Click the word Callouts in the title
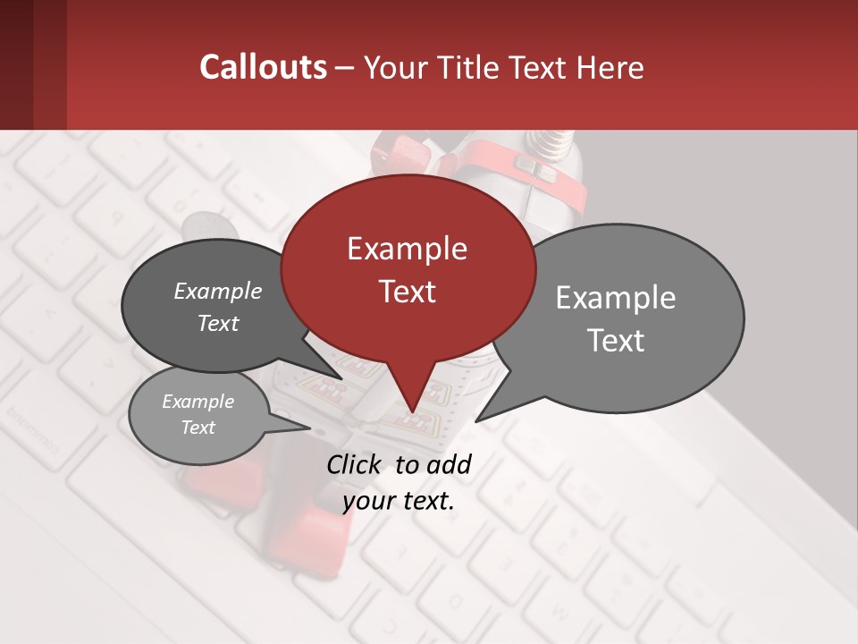pos(263,67)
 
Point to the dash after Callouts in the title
pos(345,68)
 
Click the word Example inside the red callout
pos(407,249)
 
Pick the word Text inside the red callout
pos(407,292)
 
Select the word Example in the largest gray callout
pos(616,298)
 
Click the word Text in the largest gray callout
pos(616,341)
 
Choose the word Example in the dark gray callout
pos(217,291)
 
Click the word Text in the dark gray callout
pos(217,323)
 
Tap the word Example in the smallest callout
pos(198,402)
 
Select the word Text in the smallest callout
pos(198,428)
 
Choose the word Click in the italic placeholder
pos(355,464)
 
